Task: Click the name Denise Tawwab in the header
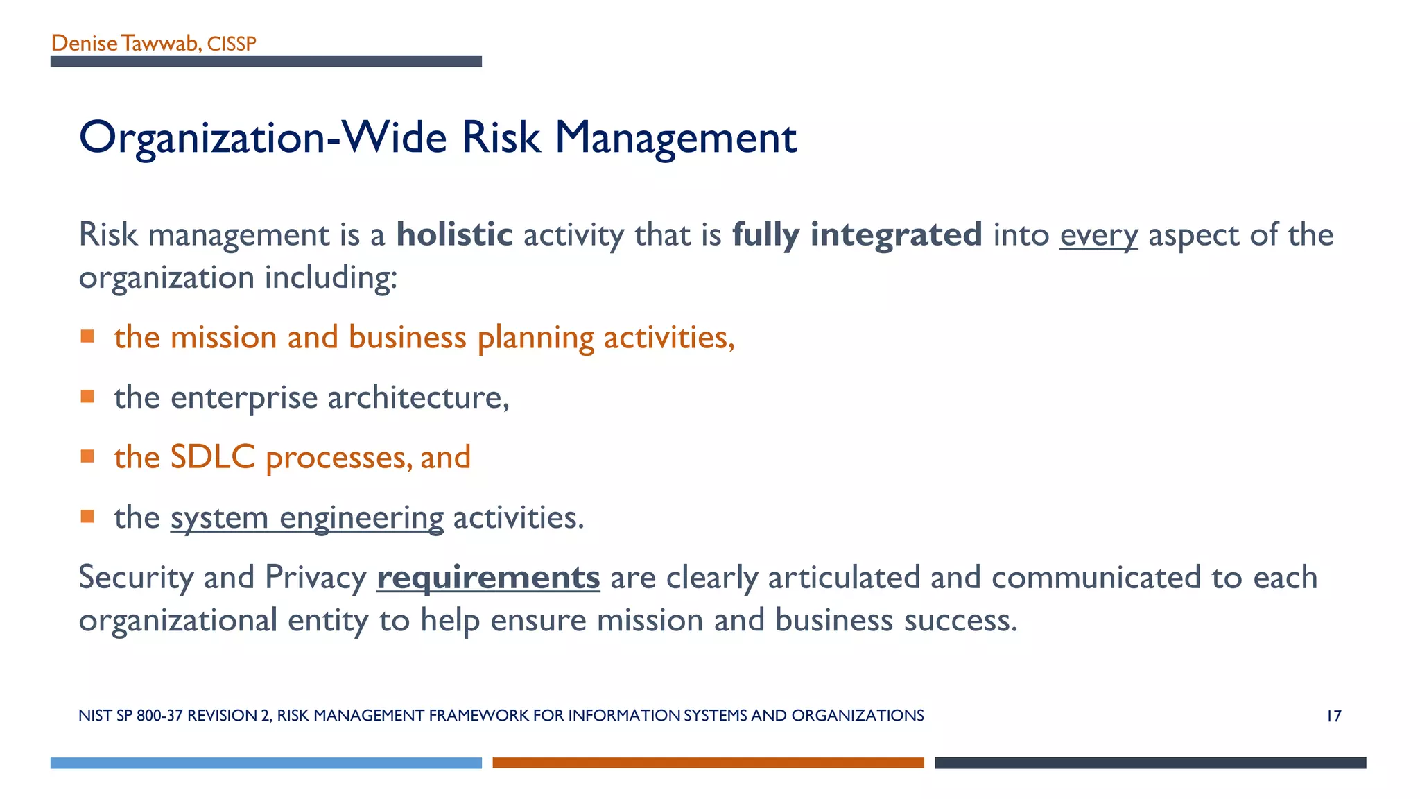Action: (125, 44)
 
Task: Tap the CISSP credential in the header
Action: (232, 44)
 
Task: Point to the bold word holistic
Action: (454, 234)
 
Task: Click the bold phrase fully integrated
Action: (857, 234)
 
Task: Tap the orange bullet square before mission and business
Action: (87, 337)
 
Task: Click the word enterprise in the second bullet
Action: (244, 398)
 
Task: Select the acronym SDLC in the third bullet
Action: (213, 458)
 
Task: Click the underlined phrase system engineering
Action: (307, 518)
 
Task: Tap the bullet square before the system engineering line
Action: (87, 517)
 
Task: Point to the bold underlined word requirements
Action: (488, 577)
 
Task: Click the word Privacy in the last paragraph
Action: (315, 578)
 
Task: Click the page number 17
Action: (1333, 716)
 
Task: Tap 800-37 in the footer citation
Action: (160, 716)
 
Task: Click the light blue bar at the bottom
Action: (266, 763)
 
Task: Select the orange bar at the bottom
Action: (708, 763)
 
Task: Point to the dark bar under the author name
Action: (266, 62)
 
